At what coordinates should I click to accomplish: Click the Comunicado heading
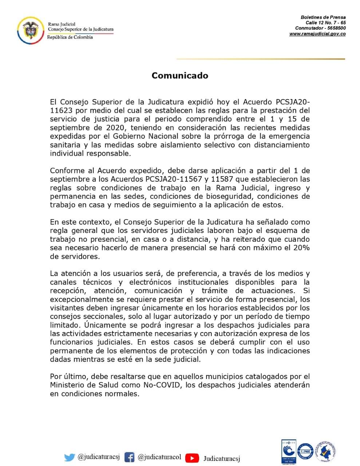tap(180, 76)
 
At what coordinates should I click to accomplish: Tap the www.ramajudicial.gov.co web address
tap(317, 34)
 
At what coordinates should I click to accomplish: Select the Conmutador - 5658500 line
tap(320, 28)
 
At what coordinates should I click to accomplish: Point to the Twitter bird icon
tap(70, 458)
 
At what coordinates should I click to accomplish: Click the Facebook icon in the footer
tap(129, 457)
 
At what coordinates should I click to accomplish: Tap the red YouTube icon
tap(192, 458)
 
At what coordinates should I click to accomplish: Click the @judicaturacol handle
tap(159, 457)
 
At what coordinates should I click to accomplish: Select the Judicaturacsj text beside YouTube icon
tap(222, 458)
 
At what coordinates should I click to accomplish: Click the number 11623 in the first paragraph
tap(62, 110)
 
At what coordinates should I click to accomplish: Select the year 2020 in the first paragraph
tap(115, 127)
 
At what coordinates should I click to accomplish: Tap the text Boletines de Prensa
tap(323, 17)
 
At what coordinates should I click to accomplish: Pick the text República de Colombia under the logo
tap(70, 37)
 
